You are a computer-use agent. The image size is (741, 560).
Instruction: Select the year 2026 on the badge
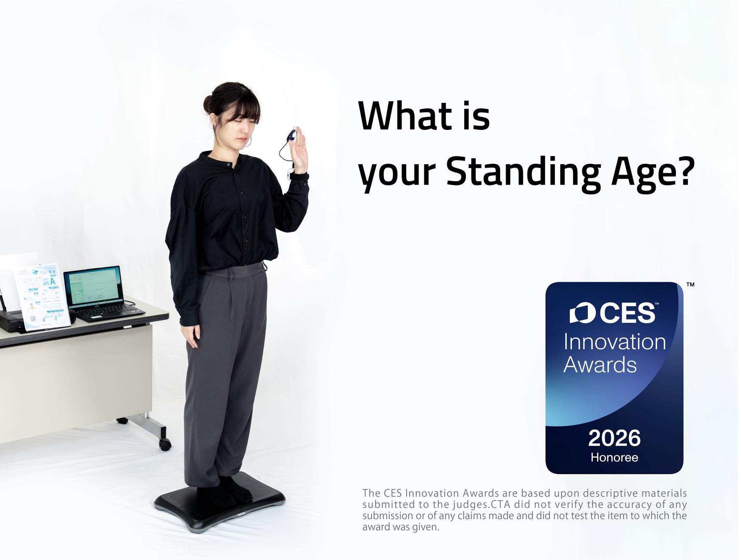tap(614, 438)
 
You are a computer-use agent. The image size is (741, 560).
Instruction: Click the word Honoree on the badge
tap(614, 458)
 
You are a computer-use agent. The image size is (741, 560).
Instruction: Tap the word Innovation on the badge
tap(615, 342)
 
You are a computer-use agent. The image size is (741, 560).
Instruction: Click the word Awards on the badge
tap(600, 365)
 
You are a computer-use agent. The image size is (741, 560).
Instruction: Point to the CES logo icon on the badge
tap(582, 313)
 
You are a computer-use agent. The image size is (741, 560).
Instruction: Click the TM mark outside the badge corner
tap(690, 285)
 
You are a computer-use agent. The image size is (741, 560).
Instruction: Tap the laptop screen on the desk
tap(93, 285)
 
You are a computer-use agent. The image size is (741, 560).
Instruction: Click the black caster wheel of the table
tap(165, 445)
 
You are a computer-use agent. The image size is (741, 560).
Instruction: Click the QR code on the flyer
tap(33, 319)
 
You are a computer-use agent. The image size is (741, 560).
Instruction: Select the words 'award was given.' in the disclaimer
tap(400, 527)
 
